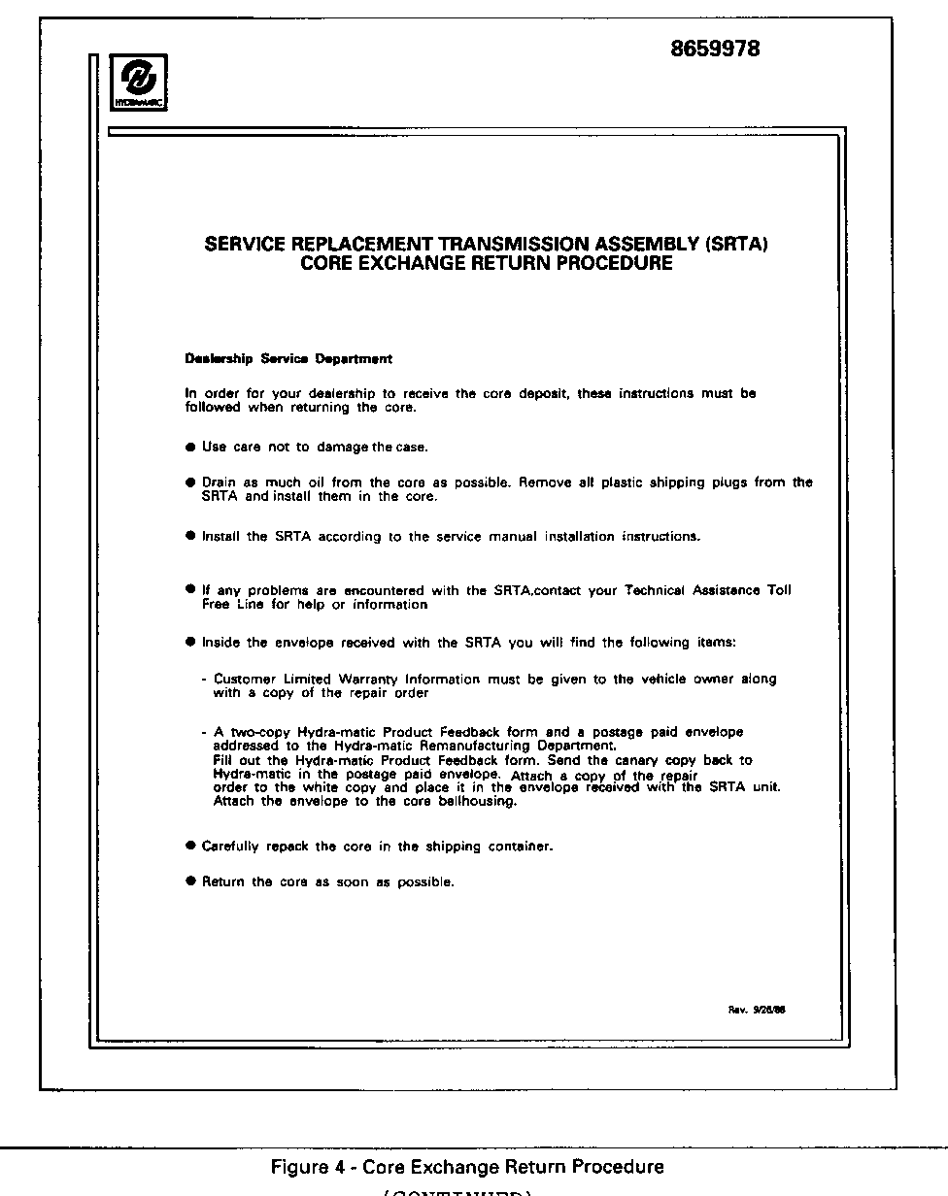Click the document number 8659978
[715, 49]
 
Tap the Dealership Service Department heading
[288, 359]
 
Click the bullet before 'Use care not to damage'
[190, 448]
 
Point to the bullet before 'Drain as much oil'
[190, 482]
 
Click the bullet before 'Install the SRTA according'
[190, 536]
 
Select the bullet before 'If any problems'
[190, 590]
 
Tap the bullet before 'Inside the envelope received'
[190, 643]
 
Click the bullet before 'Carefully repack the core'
[190, 847]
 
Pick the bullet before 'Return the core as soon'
[190, 882]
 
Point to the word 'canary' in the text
[639, 760]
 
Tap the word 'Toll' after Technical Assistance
[779, 590]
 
